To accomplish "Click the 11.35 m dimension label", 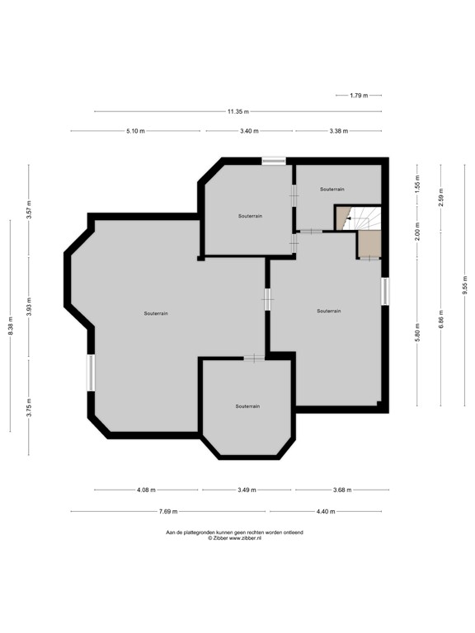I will click(238, 111).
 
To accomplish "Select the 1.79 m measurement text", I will click(359, 96).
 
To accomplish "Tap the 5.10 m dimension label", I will click(135, 131).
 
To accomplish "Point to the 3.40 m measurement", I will click(249, 131).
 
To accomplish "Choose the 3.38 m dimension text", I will click(338, 131).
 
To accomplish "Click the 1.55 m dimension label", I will click(418, 183).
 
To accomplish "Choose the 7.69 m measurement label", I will click(168, 512).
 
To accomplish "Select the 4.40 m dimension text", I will click(326, 512).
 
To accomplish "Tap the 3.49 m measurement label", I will click(246, 490).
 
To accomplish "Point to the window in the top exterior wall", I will click(274, 161).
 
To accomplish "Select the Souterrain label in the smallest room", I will click(332, 189).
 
